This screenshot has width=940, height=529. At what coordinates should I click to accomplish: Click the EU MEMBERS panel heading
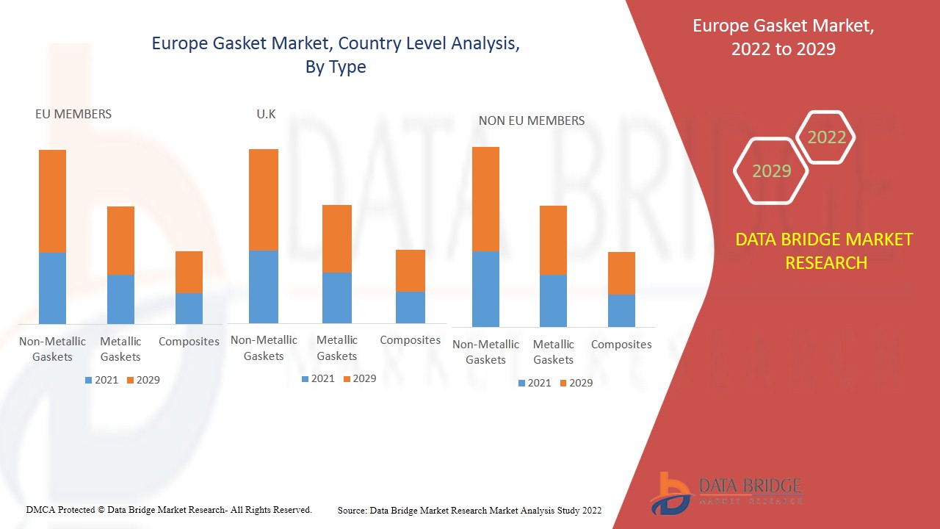coord(73,114)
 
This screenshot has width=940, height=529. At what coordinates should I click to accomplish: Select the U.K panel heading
coord(266,114)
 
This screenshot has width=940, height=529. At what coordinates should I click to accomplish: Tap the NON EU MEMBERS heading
coord(532,120)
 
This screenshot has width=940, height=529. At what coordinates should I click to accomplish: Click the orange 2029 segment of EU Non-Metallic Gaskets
coord(52,201)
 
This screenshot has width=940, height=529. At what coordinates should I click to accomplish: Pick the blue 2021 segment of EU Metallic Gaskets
coord(120,299)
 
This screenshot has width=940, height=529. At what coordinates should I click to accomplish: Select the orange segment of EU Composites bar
coord(189,272)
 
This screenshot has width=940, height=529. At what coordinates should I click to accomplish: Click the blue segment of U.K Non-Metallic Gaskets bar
coord(264,287)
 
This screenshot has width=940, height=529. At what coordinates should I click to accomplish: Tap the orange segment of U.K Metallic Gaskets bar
coord(337,239)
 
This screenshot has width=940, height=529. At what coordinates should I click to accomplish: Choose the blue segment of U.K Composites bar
coord(411,307)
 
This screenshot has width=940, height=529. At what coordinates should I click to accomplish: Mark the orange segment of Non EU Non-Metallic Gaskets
coord(485,199)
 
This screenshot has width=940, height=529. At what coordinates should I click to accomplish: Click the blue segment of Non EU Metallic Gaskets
coord(553,301)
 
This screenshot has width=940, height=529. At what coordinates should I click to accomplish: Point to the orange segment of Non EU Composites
coord(621,273)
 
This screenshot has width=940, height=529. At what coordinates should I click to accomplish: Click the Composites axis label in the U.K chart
coord(411,340)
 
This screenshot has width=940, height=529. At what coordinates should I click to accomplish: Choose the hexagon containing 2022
coord(826,137)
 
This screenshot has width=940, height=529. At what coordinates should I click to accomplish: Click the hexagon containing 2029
coord(771,171)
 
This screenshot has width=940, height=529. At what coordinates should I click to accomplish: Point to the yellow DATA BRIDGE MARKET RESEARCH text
coord(824,251)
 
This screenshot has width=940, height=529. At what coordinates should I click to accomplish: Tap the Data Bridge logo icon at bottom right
coord(670,493)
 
